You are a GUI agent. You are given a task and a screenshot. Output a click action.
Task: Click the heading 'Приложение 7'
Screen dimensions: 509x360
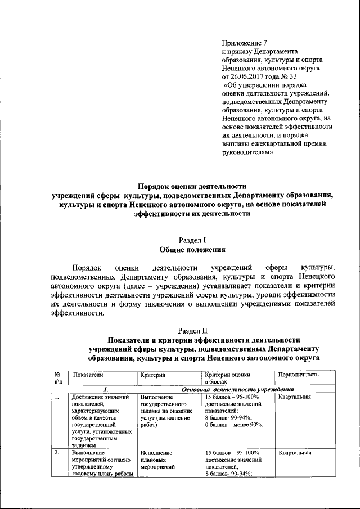(x=244, y=43)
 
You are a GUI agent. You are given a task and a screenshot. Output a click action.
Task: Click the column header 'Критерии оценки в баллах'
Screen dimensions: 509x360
(x=228, y=377)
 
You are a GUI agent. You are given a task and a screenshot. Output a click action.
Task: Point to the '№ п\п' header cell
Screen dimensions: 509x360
(x=57, y=377)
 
